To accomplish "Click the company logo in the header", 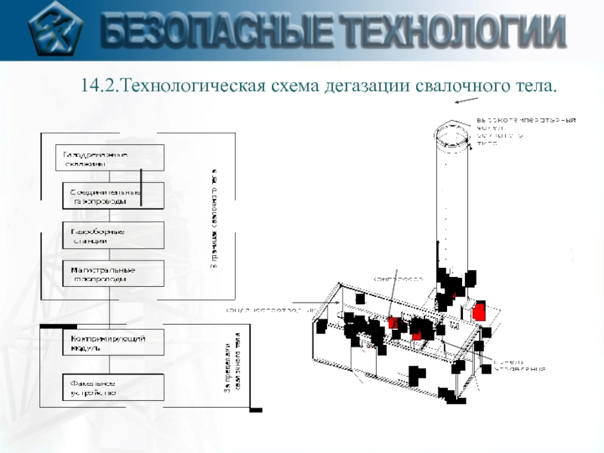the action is click(x=54, y=31).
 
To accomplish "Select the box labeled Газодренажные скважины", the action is click(x=109, y=159).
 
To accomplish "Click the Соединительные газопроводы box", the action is click(x=112, y=196).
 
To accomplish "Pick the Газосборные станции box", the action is click(x=112, y=236).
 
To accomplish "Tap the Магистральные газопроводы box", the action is click(x=112, y=273).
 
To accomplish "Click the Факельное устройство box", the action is click(x=112, y=388).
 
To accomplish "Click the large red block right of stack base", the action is click(x=478, y=311).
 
